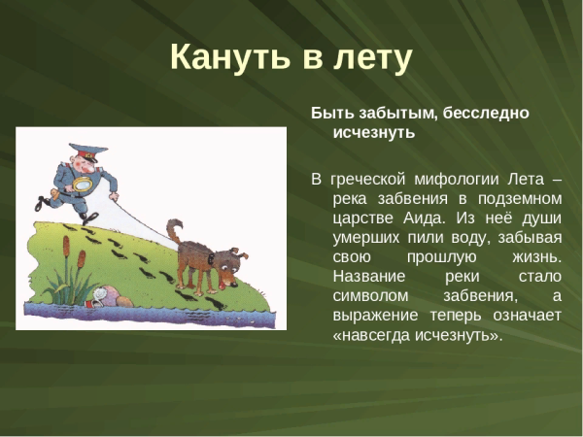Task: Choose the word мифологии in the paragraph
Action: click(453, 180)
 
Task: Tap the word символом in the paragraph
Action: click(367, 296)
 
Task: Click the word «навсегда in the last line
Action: click(375, 335)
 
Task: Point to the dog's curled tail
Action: click(174, 229)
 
